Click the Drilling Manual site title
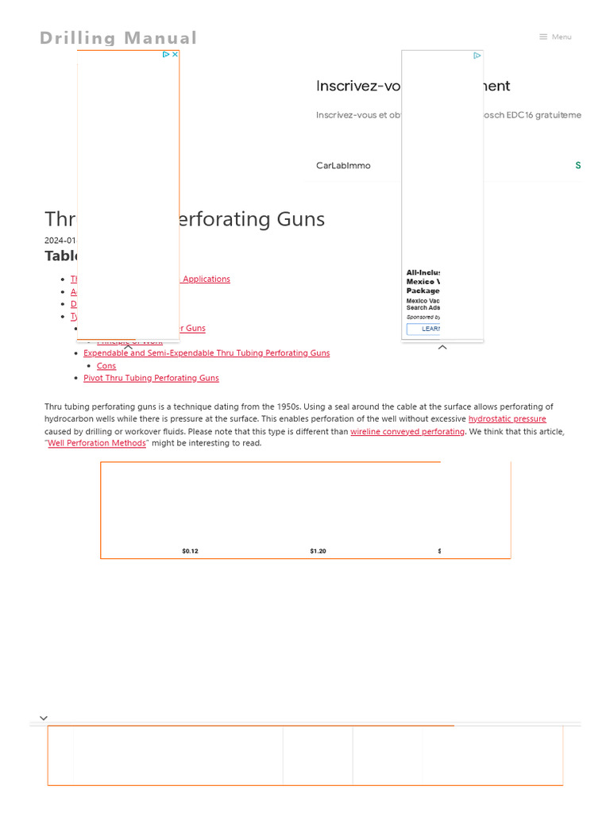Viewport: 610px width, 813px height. (x=118, y=38)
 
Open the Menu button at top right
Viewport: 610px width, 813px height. (x=562, y=37)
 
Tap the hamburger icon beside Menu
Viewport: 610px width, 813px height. (x=543, y=37)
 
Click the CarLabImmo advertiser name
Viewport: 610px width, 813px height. (x=343, y=166)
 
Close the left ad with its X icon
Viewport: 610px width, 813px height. (x=175, y=55)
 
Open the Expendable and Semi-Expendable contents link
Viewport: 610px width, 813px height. (x=207, y=353)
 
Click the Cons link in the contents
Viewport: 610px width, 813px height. (x=106, y=366)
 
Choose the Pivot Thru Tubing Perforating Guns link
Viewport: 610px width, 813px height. (x=151, y=379)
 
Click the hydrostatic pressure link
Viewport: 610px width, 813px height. (x=507, y=419)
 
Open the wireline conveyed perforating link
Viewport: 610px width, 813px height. (x=407, y=432)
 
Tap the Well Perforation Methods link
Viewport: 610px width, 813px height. (x=97, y=444)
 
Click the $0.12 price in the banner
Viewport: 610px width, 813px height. (x=190, y=551)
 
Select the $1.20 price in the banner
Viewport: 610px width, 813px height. (x=318, y=551)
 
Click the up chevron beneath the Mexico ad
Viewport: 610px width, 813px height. (x=442, y=347)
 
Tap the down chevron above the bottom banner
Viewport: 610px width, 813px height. (x=44, y=718)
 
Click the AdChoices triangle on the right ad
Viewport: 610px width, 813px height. (x=477, y=56)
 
